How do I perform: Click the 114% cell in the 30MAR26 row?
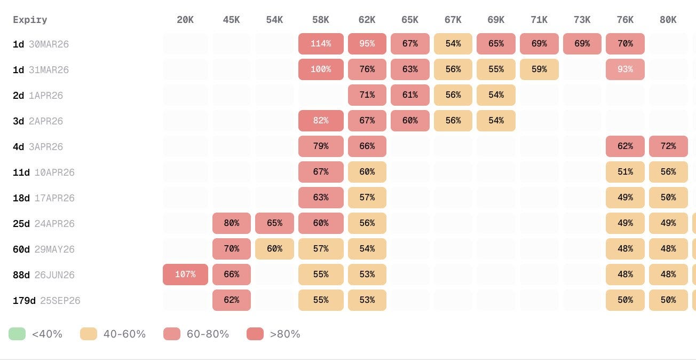(x=321, y=44)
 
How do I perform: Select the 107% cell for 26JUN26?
(x=185, y=275)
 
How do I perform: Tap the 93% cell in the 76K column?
(x=625, y=69)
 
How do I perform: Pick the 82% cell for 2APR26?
(x=321, y=121)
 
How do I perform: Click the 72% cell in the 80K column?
(x=668, y=146)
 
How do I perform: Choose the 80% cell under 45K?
(x=232, y=223)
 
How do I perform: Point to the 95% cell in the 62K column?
(x=367, y=44)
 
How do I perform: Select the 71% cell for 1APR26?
(x=367, y=95)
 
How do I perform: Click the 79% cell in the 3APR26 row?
(x=321, y=146)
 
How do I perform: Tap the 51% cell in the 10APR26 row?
(x=625, y=172)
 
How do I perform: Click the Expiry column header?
(x=30, y=20)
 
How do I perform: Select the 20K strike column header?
(x=185, y=20)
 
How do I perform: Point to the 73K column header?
(x=582, y=20)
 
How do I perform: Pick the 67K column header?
(x=453, y=20)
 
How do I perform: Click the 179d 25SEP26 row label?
(x=46, y=301)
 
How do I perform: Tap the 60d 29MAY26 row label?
(x=44, y=249)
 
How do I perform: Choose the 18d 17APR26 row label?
(x=44, y=198)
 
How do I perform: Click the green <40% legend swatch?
(x=17, y=334)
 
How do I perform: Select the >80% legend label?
(x=285, y=334)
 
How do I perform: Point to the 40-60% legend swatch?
(x=89, y=334)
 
